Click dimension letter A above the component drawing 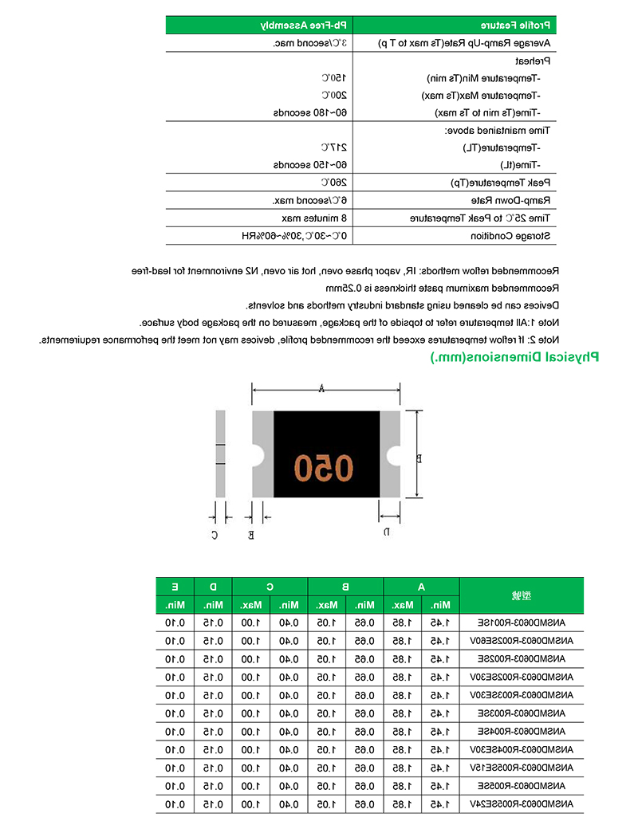(x=321, y=389)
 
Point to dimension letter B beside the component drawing (x=418, y=458)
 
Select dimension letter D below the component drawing (x=386, y=531)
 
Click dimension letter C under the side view (x=214, y=535)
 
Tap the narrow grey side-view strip (x=221, y=454)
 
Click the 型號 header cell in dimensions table (x=522, y=595)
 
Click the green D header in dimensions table (x=212, y=587)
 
